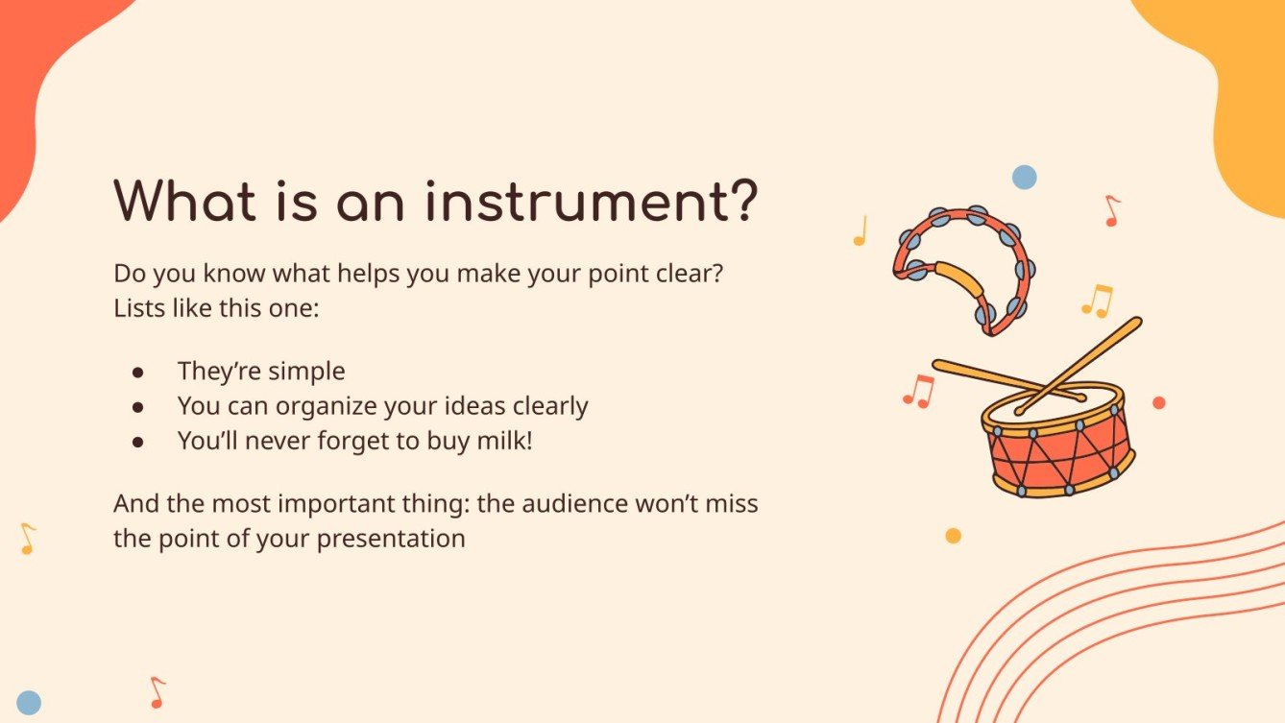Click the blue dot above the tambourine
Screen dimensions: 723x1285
[x=1025, y=177]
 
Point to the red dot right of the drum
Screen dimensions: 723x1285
[x=1158, y=402]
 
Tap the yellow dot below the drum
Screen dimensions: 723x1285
[x=953, y=536]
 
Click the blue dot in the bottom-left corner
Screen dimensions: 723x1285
[x=29, y=703]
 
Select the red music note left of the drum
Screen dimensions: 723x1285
[x=919, y=391]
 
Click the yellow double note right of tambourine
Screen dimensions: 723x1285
[x=1097, y=301]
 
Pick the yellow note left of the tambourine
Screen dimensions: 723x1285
[x=861, y=230]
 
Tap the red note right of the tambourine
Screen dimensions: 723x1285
[x=1112, y=210]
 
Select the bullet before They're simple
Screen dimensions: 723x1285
[x=137, y=372]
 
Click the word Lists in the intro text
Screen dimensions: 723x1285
[x=138, y=309]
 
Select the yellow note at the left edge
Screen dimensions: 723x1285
[x=28, y=538]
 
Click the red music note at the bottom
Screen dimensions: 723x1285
[x=158, y=692]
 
